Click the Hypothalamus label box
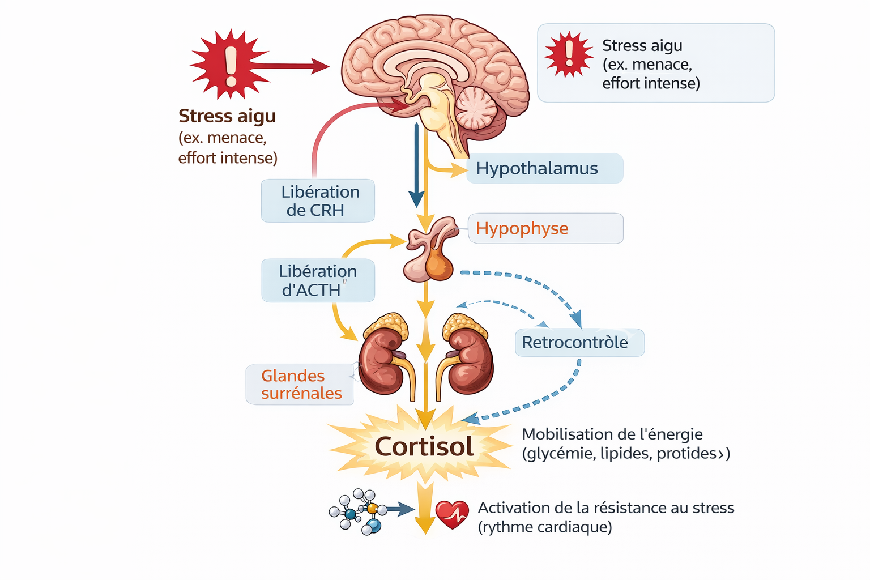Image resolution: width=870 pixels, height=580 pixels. (x=544, y=168)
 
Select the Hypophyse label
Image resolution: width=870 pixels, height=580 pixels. (x=545, y=228)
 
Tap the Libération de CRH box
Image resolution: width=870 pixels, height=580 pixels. (x=318, y=201)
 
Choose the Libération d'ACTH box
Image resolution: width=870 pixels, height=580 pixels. (x=318, y=280)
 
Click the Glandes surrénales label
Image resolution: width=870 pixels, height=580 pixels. (x=300, y=384)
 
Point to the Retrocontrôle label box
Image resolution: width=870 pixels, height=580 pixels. (x=579, y=343)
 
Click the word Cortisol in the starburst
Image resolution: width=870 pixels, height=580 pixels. (x=424, y=447)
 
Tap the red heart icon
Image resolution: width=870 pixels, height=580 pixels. (x=451, y=514)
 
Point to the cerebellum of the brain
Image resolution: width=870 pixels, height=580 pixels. (x=476, y=108)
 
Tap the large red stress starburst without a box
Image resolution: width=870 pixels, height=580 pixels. (x=229, y=64)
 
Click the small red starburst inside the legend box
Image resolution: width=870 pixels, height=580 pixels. (x=568, y=54)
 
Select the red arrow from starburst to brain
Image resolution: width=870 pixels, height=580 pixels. (x=292, y=66)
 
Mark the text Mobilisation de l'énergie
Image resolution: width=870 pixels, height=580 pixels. (x=612, y=434)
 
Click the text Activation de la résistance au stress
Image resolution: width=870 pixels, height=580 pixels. (x=605, y=508)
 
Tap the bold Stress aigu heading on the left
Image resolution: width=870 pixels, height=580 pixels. (x=227, y=116)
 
